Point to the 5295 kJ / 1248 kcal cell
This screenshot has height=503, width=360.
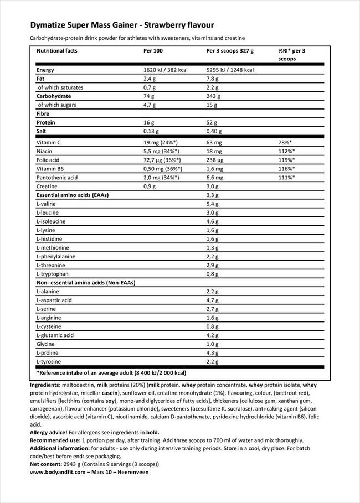[230, 70]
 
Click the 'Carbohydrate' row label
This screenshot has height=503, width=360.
[54, 96]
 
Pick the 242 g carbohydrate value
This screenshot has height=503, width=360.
[214, 96]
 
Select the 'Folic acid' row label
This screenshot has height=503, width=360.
[48, 160]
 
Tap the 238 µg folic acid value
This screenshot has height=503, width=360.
[215, 160]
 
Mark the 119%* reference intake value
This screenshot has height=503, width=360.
[287, 160]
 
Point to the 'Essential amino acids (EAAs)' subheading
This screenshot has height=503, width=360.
[72, 195]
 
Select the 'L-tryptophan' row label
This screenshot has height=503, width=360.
[52, 274]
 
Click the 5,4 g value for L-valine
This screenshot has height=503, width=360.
[213, 204]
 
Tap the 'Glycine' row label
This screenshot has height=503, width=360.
[45, 344]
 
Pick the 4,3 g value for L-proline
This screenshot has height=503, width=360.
[213, 352]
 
